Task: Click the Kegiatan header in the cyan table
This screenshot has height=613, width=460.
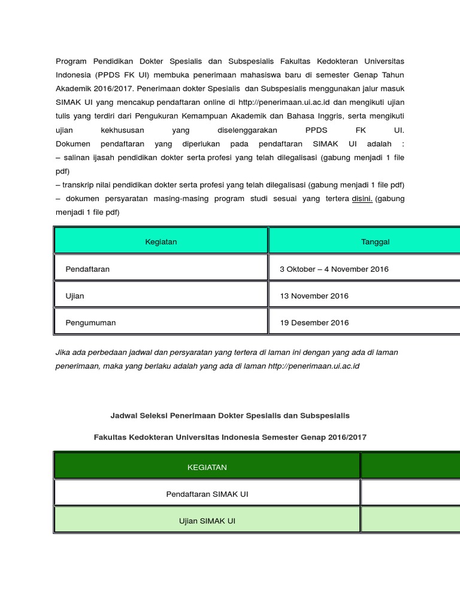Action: coord(161,242)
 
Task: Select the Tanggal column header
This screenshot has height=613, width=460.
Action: coord(375,242)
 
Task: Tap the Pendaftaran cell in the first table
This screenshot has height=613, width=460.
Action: coord(87,269)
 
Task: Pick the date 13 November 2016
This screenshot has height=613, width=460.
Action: coord(314,296)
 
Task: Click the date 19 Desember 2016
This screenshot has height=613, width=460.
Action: coord(314,323)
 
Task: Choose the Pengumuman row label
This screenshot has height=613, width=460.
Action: coord(90,323)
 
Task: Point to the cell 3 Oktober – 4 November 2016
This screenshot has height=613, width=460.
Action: coord(334,269)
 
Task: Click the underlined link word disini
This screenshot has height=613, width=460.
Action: coord(362,199)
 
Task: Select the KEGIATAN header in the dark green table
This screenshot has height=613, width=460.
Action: coord(207,468)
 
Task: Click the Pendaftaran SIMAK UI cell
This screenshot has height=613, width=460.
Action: coord(207,494)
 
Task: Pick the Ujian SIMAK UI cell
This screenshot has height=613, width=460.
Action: coord(207,521)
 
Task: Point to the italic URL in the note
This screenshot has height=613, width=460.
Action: coord(313,366)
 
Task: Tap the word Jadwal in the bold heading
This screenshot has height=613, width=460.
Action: coord(123,415)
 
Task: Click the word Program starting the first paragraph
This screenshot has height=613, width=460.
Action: coord(71,62)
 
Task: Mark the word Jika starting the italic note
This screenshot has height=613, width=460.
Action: coord(62,353)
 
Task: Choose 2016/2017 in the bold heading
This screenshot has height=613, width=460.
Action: coord(347,438)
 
